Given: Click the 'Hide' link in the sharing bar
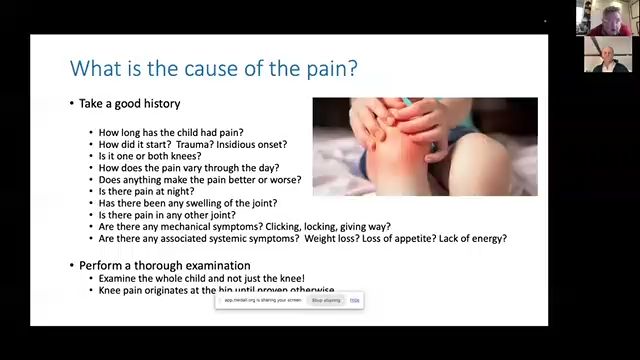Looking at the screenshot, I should tap(355, 300).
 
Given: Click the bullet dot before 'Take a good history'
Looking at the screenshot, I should tap(72, 103).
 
